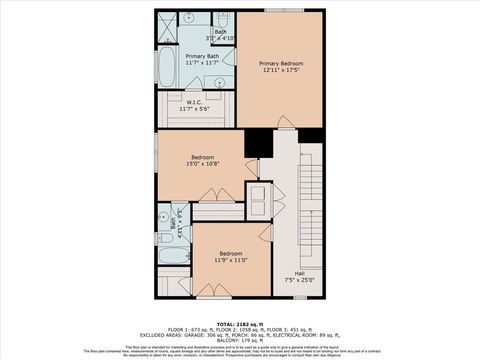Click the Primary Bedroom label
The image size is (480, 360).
280,63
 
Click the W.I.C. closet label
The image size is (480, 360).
195,100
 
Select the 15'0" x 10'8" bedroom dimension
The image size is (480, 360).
202,164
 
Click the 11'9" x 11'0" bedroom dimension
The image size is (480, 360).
231,260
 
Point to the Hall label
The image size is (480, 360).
299,273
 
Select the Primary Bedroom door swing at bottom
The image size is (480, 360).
286,122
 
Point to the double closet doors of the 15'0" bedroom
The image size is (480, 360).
209,193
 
